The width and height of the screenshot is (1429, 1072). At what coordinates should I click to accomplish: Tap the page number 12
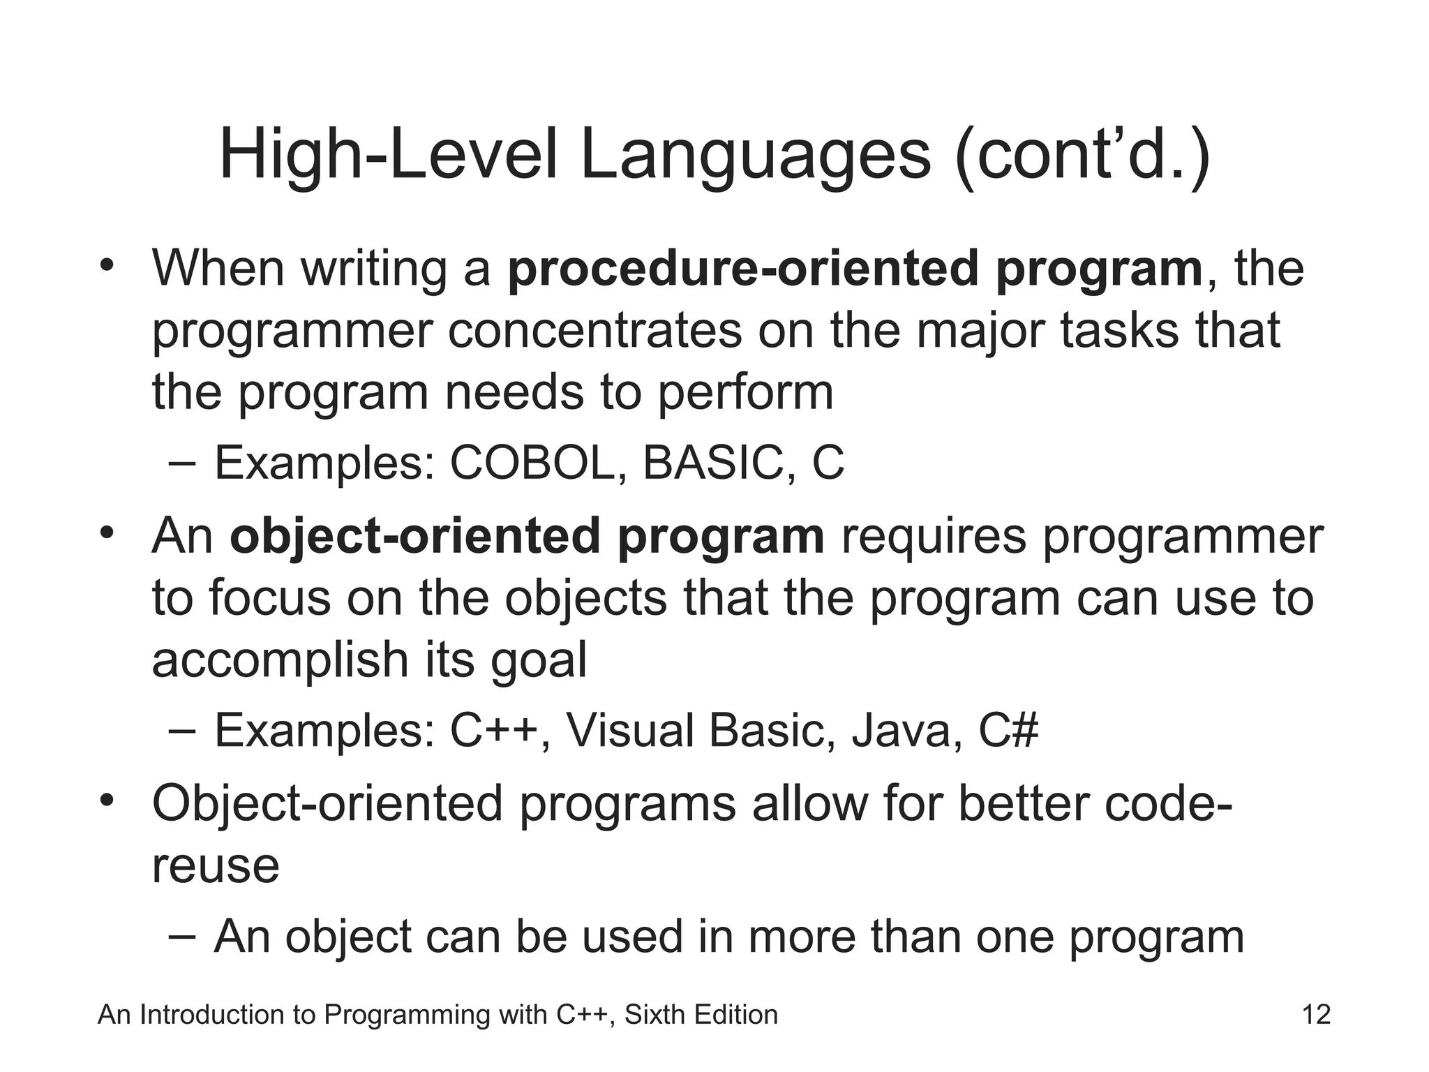[x=1316, y=1014]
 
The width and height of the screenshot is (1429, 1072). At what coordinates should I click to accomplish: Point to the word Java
[x=902, y=731]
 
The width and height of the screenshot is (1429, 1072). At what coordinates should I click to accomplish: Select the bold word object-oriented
[x=414, y=537]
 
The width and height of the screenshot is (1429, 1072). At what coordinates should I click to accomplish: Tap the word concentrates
[x=595, y=330]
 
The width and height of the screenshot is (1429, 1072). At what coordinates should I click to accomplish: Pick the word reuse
[x=216, y=866]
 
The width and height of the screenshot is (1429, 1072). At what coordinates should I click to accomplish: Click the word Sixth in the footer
[x=654, y=1014]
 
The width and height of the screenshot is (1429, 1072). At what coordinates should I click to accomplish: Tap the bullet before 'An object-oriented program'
[x=106, y=533]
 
